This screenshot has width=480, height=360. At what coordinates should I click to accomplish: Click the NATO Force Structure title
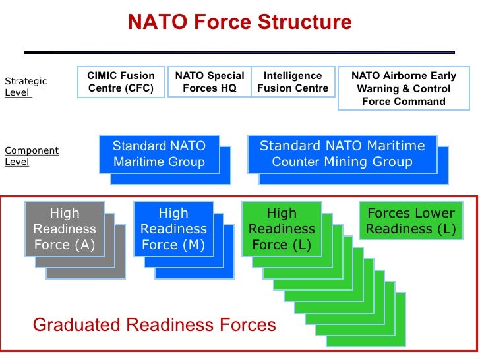click(x=239, y=22)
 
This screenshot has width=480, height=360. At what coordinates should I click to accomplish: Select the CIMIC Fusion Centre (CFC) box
click(x=121, y=82)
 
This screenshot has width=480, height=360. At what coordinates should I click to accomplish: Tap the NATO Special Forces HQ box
click(x=209, y=82)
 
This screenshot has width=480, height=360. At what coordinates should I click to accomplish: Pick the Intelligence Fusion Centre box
click(x=293, y=82)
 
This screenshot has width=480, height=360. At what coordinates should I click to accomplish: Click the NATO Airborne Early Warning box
click(x=404, y=88)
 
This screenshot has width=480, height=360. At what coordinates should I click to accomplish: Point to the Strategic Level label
click(x=26, y=87)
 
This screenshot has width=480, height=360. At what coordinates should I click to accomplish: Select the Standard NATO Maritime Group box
click(x=159, y=154)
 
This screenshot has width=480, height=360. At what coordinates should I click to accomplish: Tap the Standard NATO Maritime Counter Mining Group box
click(x=342, y=154)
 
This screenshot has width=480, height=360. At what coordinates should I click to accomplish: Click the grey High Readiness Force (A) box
click(x=65, y=229)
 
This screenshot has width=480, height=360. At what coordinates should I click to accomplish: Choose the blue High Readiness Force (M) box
click(x=173, y=229)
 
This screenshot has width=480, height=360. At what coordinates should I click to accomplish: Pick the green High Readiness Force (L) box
click(x=282, y=229)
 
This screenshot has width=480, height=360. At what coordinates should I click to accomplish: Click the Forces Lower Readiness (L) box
click(x=411, y=221)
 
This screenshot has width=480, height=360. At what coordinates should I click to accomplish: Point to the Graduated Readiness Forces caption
click(x=154, y=324)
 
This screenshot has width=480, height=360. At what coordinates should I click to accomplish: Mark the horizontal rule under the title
click(x=239, y=52)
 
